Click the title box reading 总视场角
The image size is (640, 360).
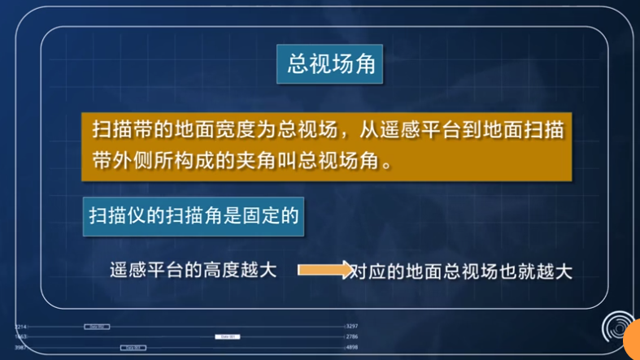tap(332, 64)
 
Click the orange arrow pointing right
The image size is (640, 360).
tap(324, 269)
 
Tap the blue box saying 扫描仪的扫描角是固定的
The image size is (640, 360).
tap(194, 217)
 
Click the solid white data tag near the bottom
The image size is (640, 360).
tap(227, 336)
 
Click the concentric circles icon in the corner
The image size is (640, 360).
tap(617, 325)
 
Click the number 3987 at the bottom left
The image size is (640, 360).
tap(21, 347)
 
